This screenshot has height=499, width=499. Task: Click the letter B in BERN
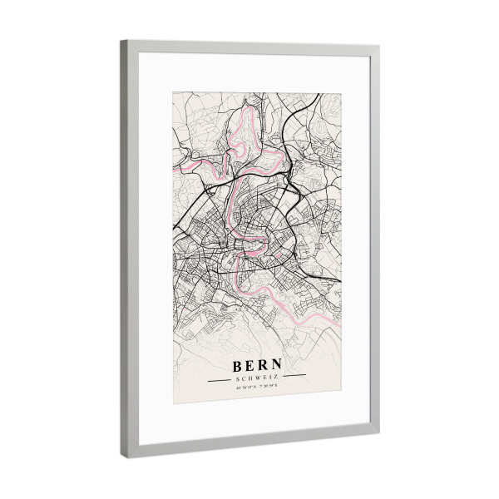point(239,365)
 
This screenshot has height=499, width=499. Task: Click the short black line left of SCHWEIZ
point(221,378)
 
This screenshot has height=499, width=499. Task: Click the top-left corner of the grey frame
point(123,42)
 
